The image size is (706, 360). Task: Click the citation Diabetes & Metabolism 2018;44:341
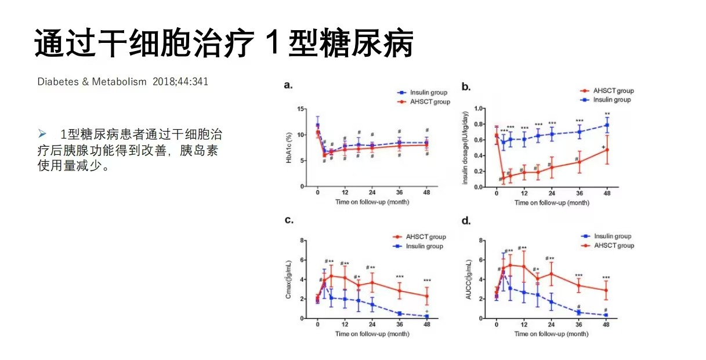point(122,82)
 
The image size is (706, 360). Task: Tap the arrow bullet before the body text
point(42,134)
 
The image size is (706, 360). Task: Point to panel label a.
point(288,85)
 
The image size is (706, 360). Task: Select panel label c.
point(288,220)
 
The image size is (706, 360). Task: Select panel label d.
point(466,220)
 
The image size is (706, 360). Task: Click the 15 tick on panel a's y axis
point(300,109)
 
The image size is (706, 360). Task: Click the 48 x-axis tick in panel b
point(607,193)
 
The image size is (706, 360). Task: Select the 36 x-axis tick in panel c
point(400,325)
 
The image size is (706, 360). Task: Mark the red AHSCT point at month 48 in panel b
point(607,150)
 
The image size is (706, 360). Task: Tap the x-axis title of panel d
point(552,334)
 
